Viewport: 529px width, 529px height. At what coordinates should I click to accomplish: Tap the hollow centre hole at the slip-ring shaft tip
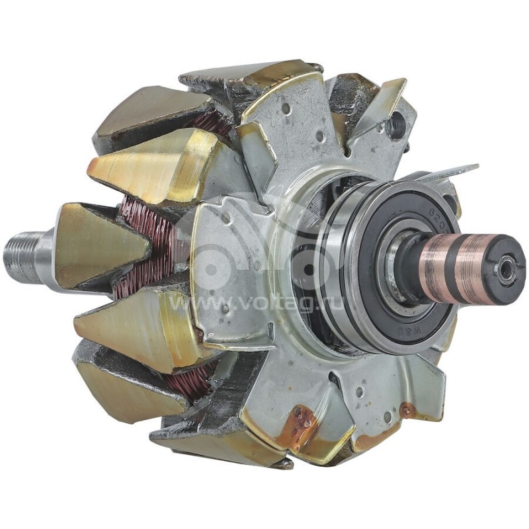[x=506, y=270]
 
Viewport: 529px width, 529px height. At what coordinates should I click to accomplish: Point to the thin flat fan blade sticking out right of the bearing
[x=450, y=173]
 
